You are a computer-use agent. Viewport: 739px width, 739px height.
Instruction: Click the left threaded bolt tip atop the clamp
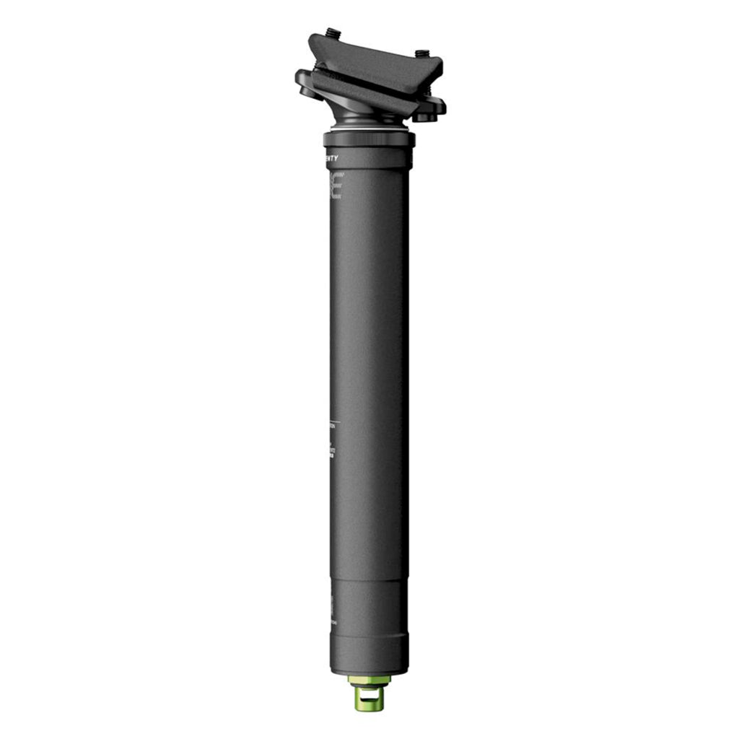pos(333,33)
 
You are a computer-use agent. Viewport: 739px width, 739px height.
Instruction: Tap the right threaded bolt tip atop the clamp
pos(423,53)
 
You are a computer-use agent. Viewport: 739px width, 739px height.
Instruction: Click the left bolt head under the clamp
pos(307,92)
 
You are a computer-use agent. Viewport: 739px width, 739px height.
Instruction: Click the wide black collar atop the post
pos(369,139)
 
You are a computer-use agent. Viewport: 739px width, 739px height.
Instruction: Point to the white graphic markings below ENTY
pos(336,185)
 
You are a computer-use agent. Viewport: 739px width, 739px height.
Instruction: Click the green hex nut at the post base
pos(369,680)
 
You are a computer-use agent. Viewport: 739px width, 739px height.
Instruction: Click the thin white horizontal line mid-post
pos(334,420)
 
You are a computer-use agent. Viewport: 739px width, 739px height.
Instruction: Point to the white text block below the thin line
pos(332,443)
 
